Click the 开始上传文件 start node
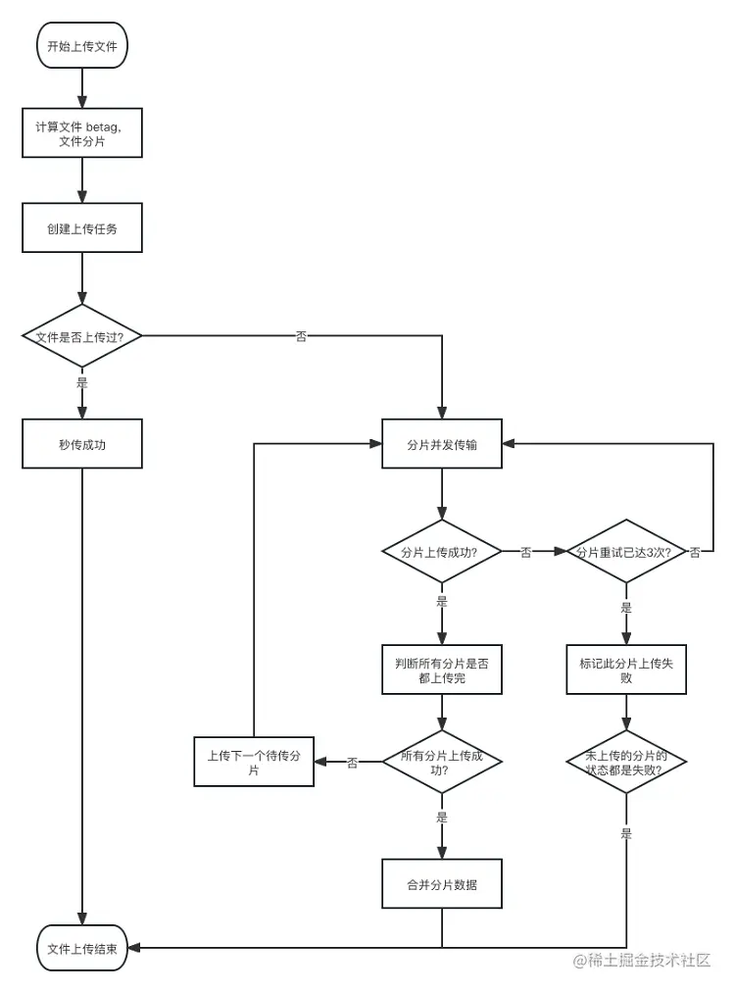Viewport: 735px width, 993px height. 82,46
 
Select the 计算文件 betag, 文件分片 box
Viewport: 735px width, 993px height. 82,132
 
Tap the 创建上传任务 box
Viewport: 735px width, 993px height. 82,227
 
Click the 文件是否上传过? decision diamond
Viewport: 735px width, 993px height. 82,336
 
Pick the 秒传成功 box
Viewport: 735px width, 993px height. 82,444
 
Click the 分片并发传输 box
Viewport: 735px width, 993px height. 442,444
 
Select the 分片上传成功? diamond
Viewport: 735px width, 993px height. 442,552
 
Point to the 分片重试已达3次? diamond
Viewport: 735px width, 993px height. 626,552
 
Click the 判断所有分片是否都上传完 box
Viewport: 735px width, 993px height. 442,670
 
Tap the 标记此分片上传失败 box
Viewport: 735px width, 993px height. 626,670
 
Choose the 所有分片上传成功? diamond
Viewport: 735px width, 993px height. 442,762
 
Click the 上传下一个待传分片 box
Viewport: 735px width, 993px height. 254,762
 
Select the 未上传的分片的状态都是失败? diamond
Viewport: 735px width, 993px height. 626,762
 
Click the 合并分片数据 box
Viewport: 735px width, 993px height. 442,884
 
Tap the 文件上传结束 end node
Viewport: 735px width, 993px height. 82,948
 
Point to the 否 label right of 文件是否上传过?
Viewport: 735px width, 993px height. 301,336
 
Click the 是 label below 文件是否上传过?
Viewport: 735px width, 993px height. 82,383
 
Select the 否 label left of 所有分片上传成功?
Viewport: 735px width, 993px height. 352,762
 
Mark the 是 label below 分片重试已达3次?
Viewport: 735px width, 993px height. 626,607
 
